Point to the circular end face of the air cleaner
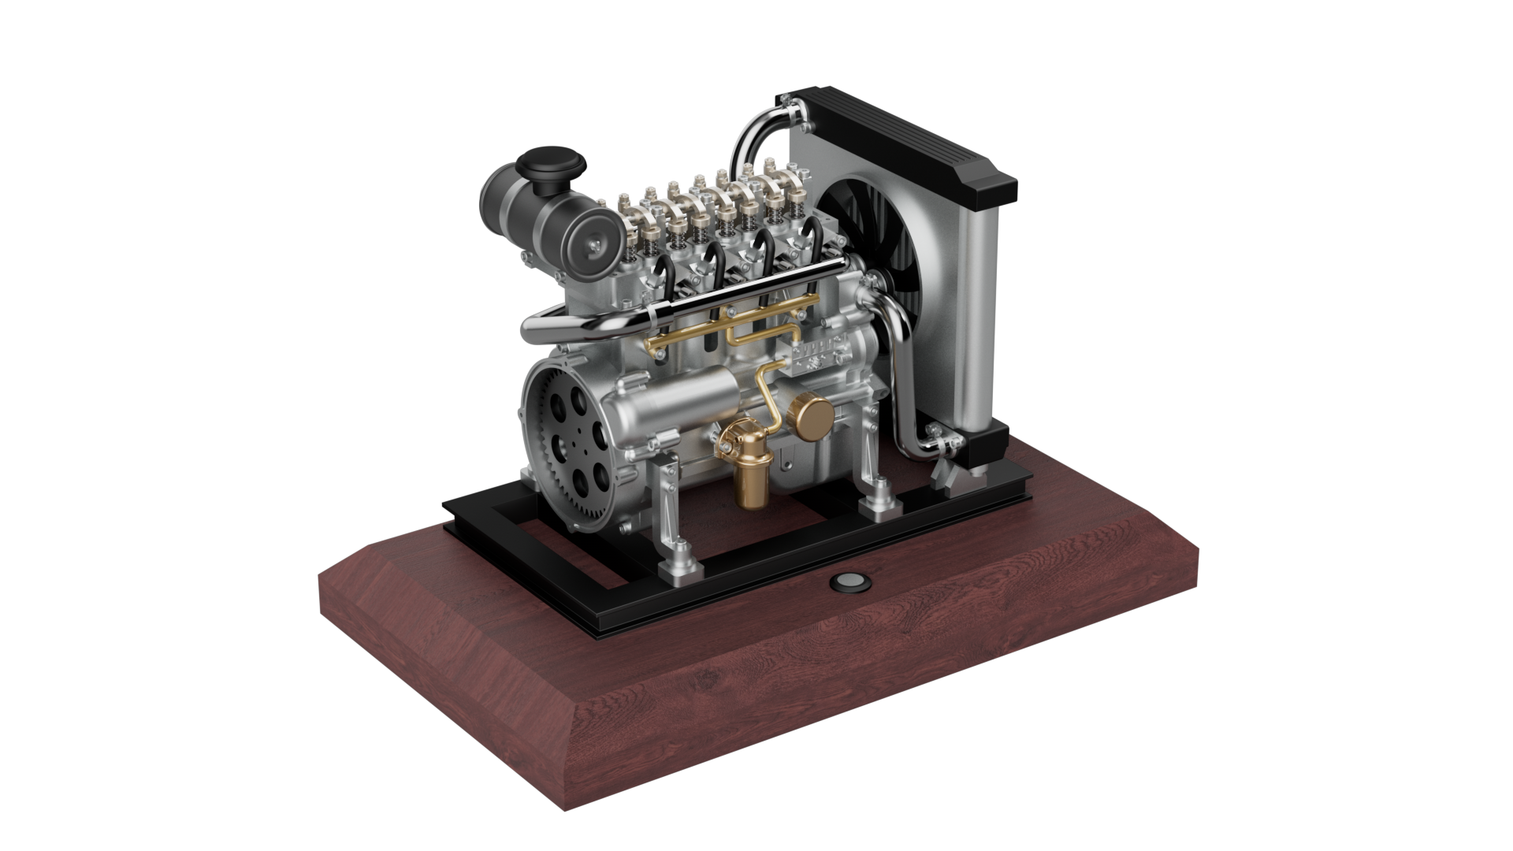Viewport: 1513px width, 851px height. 591,249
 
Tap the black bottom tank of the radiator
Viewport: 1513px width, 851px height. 985,449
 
